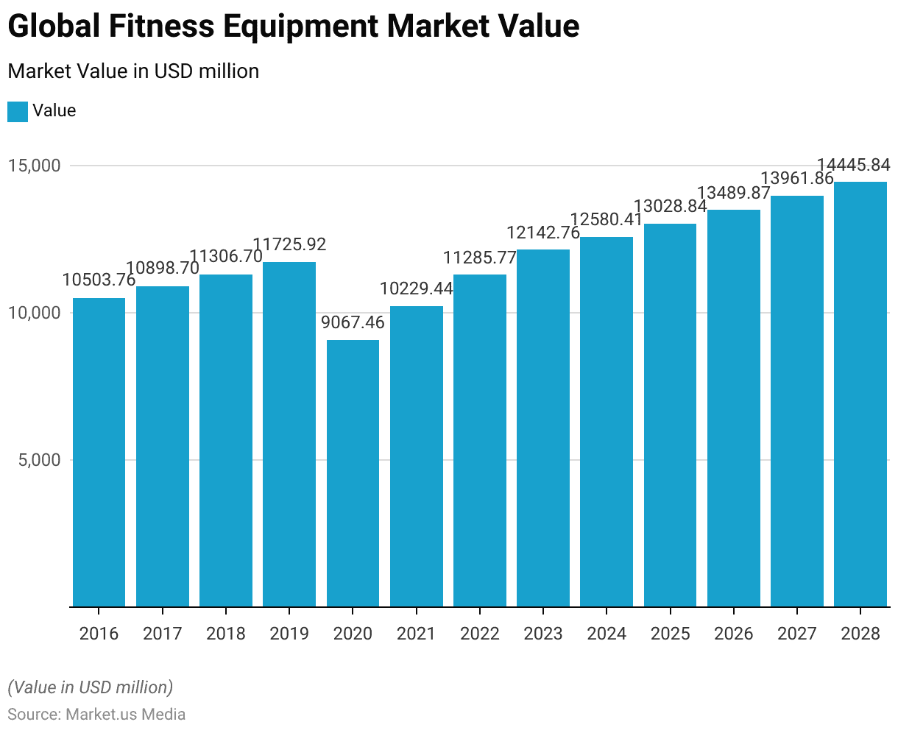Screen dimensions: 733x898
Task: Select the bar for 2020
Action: tap(353, 473)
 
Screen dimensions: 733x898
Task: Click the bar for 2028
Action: tap(860, 394)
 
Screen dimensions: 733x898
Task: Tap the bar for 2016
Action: tap(99, 453)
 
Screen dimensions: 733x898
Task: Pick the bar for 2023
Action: tap(542, 428)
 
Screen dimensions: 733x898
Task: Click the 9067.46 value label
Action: tap(353, 323)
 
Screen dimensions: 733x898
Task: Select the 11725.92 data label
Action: tap(289, 244)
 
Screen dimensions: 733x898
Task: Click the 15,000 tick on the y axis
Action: tap(34, 166)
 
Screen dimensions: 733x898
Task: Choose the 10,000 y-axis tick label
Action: tap(34, 313)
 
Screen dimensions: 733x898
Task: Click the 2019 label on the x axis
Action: tap(289, 634)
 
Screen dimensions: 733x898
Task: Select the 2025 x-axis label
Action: tap(670, 634)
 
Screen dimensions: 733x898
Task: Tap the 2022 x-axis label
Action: tap(479, 634)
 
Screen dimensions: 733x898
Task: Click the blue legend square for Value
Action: tap(18, 111)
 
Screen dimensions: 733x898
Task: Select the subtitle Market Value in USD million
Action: tap(133, 71)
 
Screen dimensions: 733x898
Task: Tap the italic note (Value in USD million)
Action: tap(90, 687)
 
